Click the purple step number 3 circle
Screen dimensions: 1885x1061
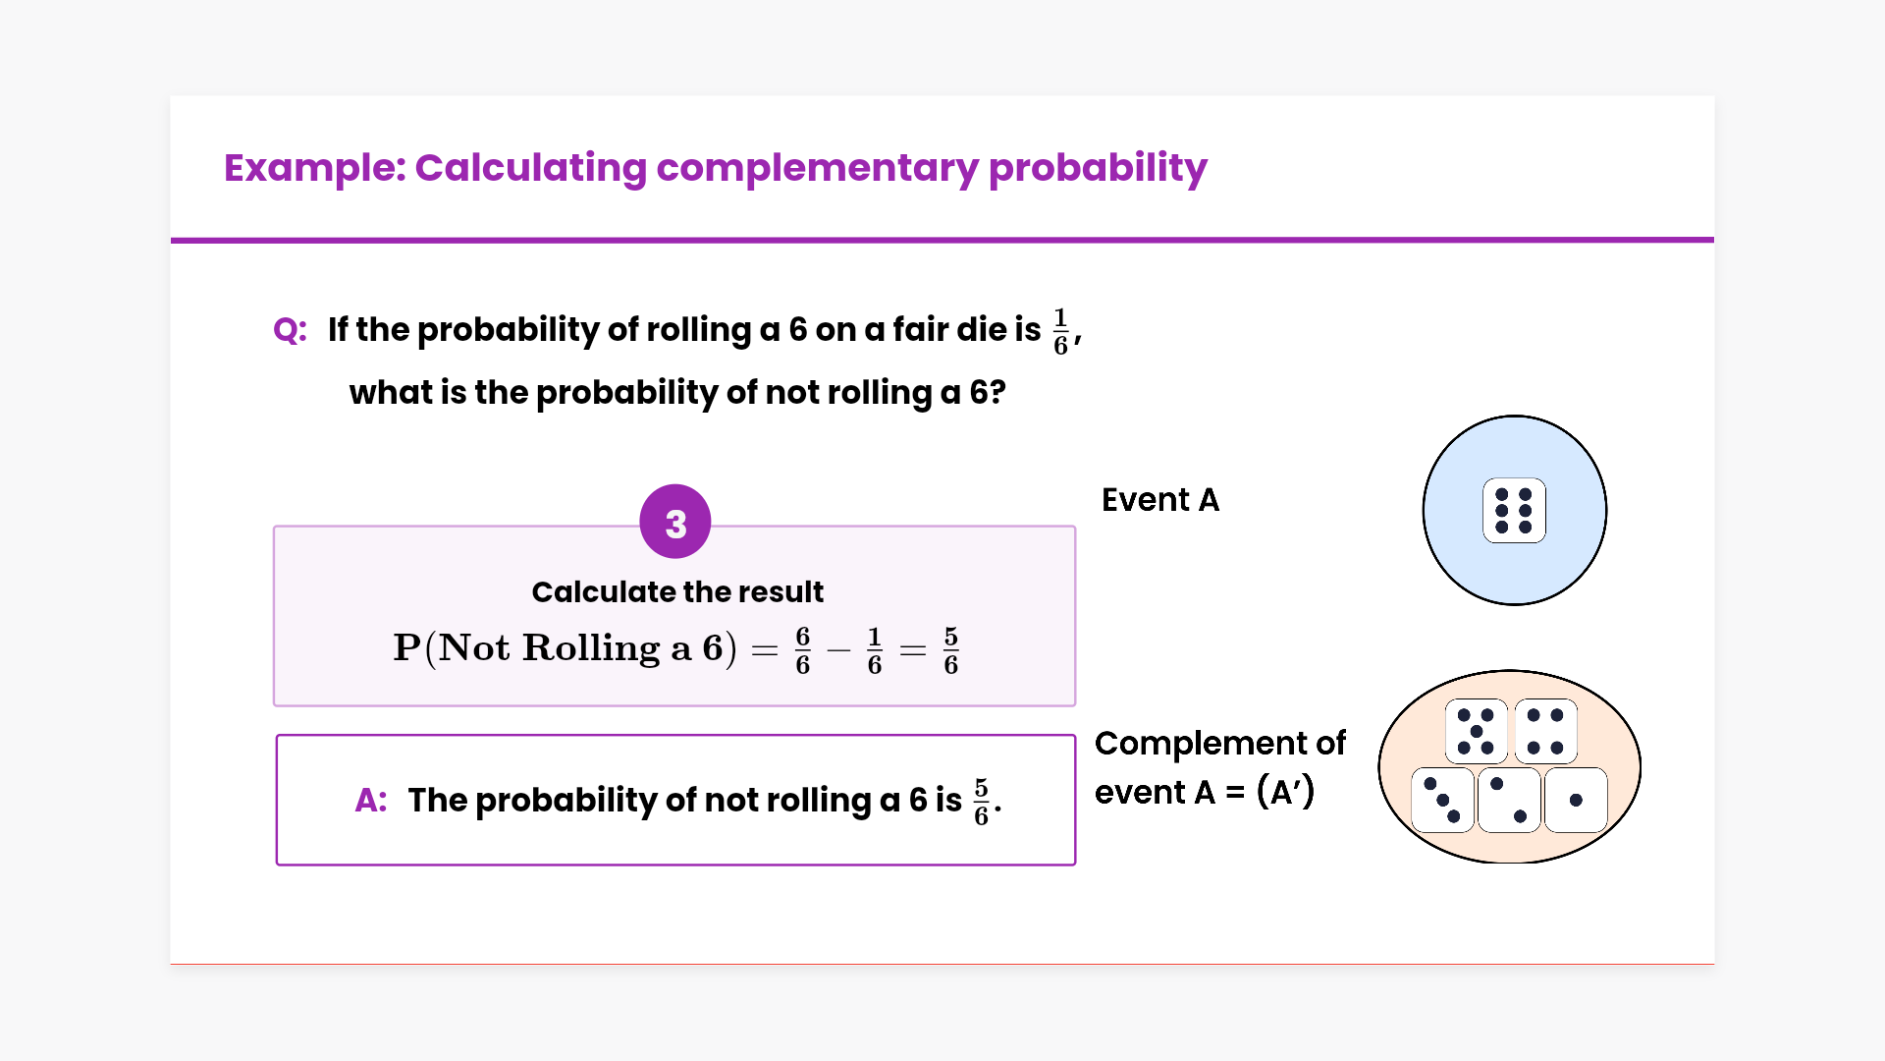pos(675,522)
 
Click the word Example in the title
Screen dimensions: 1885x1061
pos(314,168)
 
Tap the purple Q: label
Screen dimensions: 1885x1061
pos(290,330)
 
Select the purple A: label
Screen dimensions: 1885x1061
pos(371,801)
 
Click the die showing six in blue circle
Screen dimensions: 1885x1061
pos(1514,511)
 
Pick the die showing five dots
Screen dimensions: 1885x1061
pos(1476,732)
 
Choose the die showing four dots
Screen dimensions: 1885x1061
pos(1545,732)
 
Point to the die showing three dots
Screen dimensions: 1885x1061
pos(1442,800)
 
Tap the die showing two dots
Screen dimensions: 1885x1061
pos(1509,800)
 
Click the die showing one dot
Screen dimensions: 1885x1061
pos(1576,800)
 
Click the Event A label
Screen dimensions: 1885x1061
pos(1160,500)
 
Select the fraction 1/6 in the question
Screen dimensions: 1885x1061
pos(1060,331)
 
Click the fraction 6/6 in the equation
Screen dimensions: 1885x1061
pos(803,650)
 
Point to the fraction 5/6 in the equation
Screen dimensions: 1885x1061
pos(950,650)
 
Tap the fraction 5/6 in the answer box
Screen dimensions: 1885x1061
pos(981,802)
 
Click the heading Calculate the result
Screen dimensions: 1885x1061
pos(677,592)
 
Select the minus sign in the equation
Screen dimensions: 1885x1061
pos(838,650)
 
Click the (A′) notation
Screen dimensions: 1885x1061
pos(1285,792)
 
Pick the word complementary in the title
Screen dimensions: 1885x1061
pos(818,168)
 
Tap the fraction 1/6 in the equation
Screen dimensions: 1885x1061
pos(875,650)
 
